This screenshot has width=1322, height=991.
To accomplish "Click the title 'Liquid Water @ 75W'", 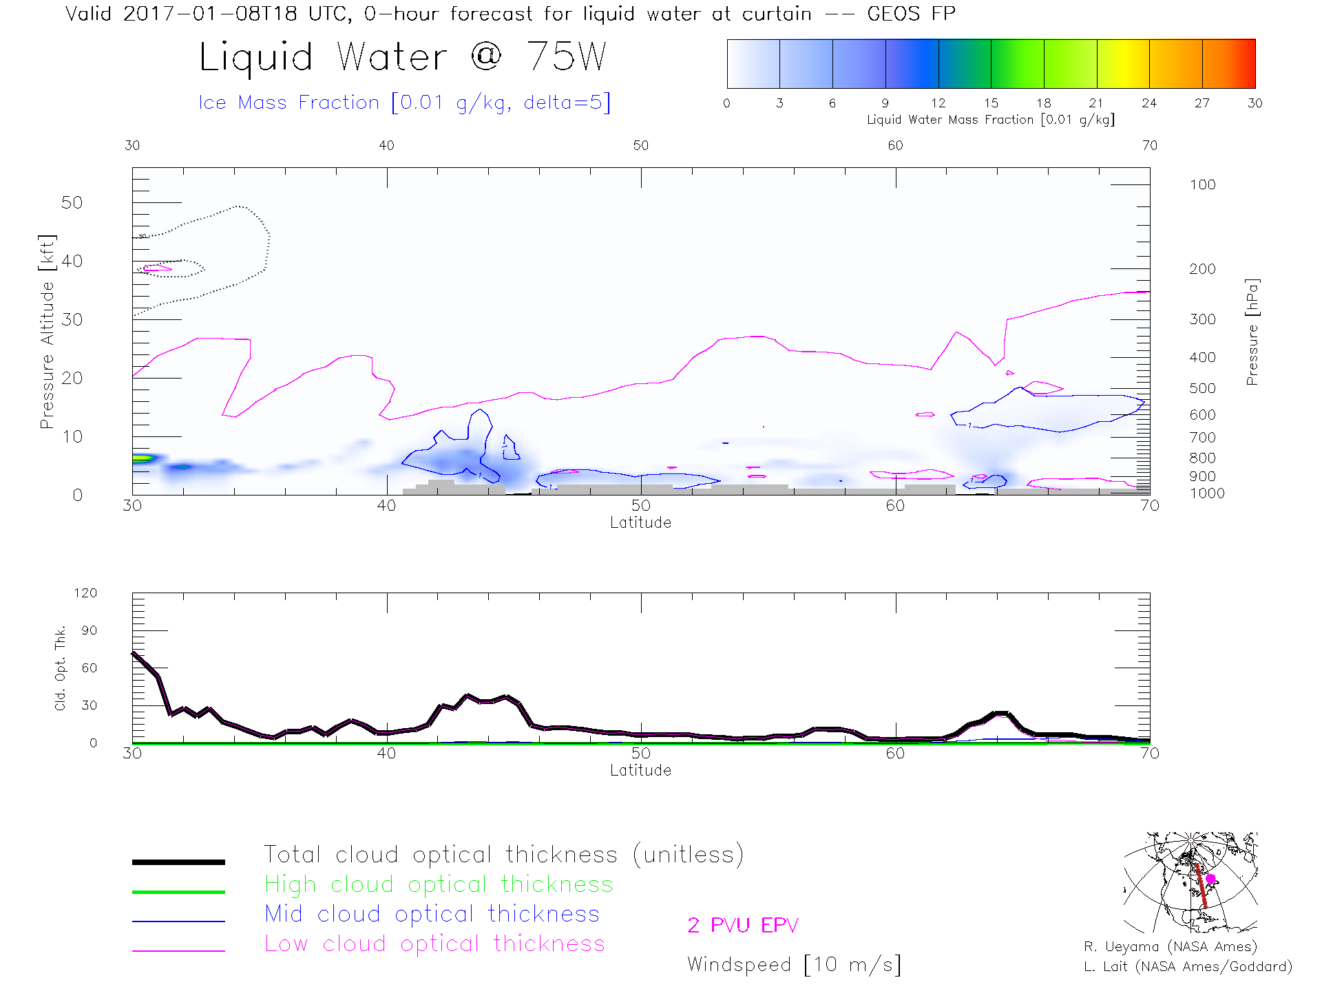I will click(x=403, y=56).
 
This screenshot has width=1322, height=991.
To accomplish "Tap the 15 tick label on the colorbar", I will click(x=991, y=103).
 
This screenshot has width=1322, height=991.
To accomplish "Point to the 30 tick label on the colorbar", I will click(x=1255, y=103).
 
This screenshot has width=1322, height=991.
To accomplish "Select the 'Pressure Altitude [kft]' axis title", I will click(x=47, y=332).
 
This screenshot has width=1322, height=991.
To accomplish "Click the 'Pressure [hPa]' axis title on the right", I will click(x=1252, y=332).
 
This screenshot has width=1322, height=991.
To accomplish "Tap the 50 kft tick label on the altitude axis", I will click(x=72, y=203).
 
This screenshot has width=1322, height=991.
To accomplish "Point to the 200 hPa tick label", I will click(x=1202, y=269).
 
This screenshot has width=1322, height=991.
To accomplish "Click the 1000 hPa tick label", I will click(x=1206, y=493).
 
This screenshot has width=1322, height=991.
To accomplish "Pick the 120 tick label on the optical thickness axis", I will click(x=85, y=593).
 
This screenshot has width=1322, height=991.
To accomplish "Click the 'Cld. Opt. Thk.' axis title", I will click(x=61, y=668).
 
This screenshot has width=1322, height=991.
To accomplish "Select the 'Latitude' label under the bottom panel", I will click(x=640, y=770).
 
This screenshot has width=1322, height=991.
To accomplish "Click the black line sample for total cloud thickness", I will click(x=178, y=862).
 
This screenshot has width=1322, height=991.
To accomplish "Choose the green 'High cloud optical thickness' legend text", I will click(x=439, y=884).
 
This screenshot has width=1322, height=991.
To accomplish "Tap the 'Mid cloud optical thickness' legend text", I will click(x=432, y=914).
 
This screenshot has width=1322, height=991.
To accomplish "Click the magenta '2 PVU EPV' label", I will click(x=742, y=926).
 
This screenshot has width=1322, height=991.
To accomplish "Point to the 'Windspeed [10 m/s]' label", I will click(x=794, y=965).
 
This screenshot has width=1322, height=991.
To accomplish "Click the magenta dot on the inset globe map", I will click(x=1210, y=879).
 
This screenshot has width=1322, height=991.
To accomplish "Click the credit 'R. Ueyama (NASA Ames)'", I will click(x=1171, y=947).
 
